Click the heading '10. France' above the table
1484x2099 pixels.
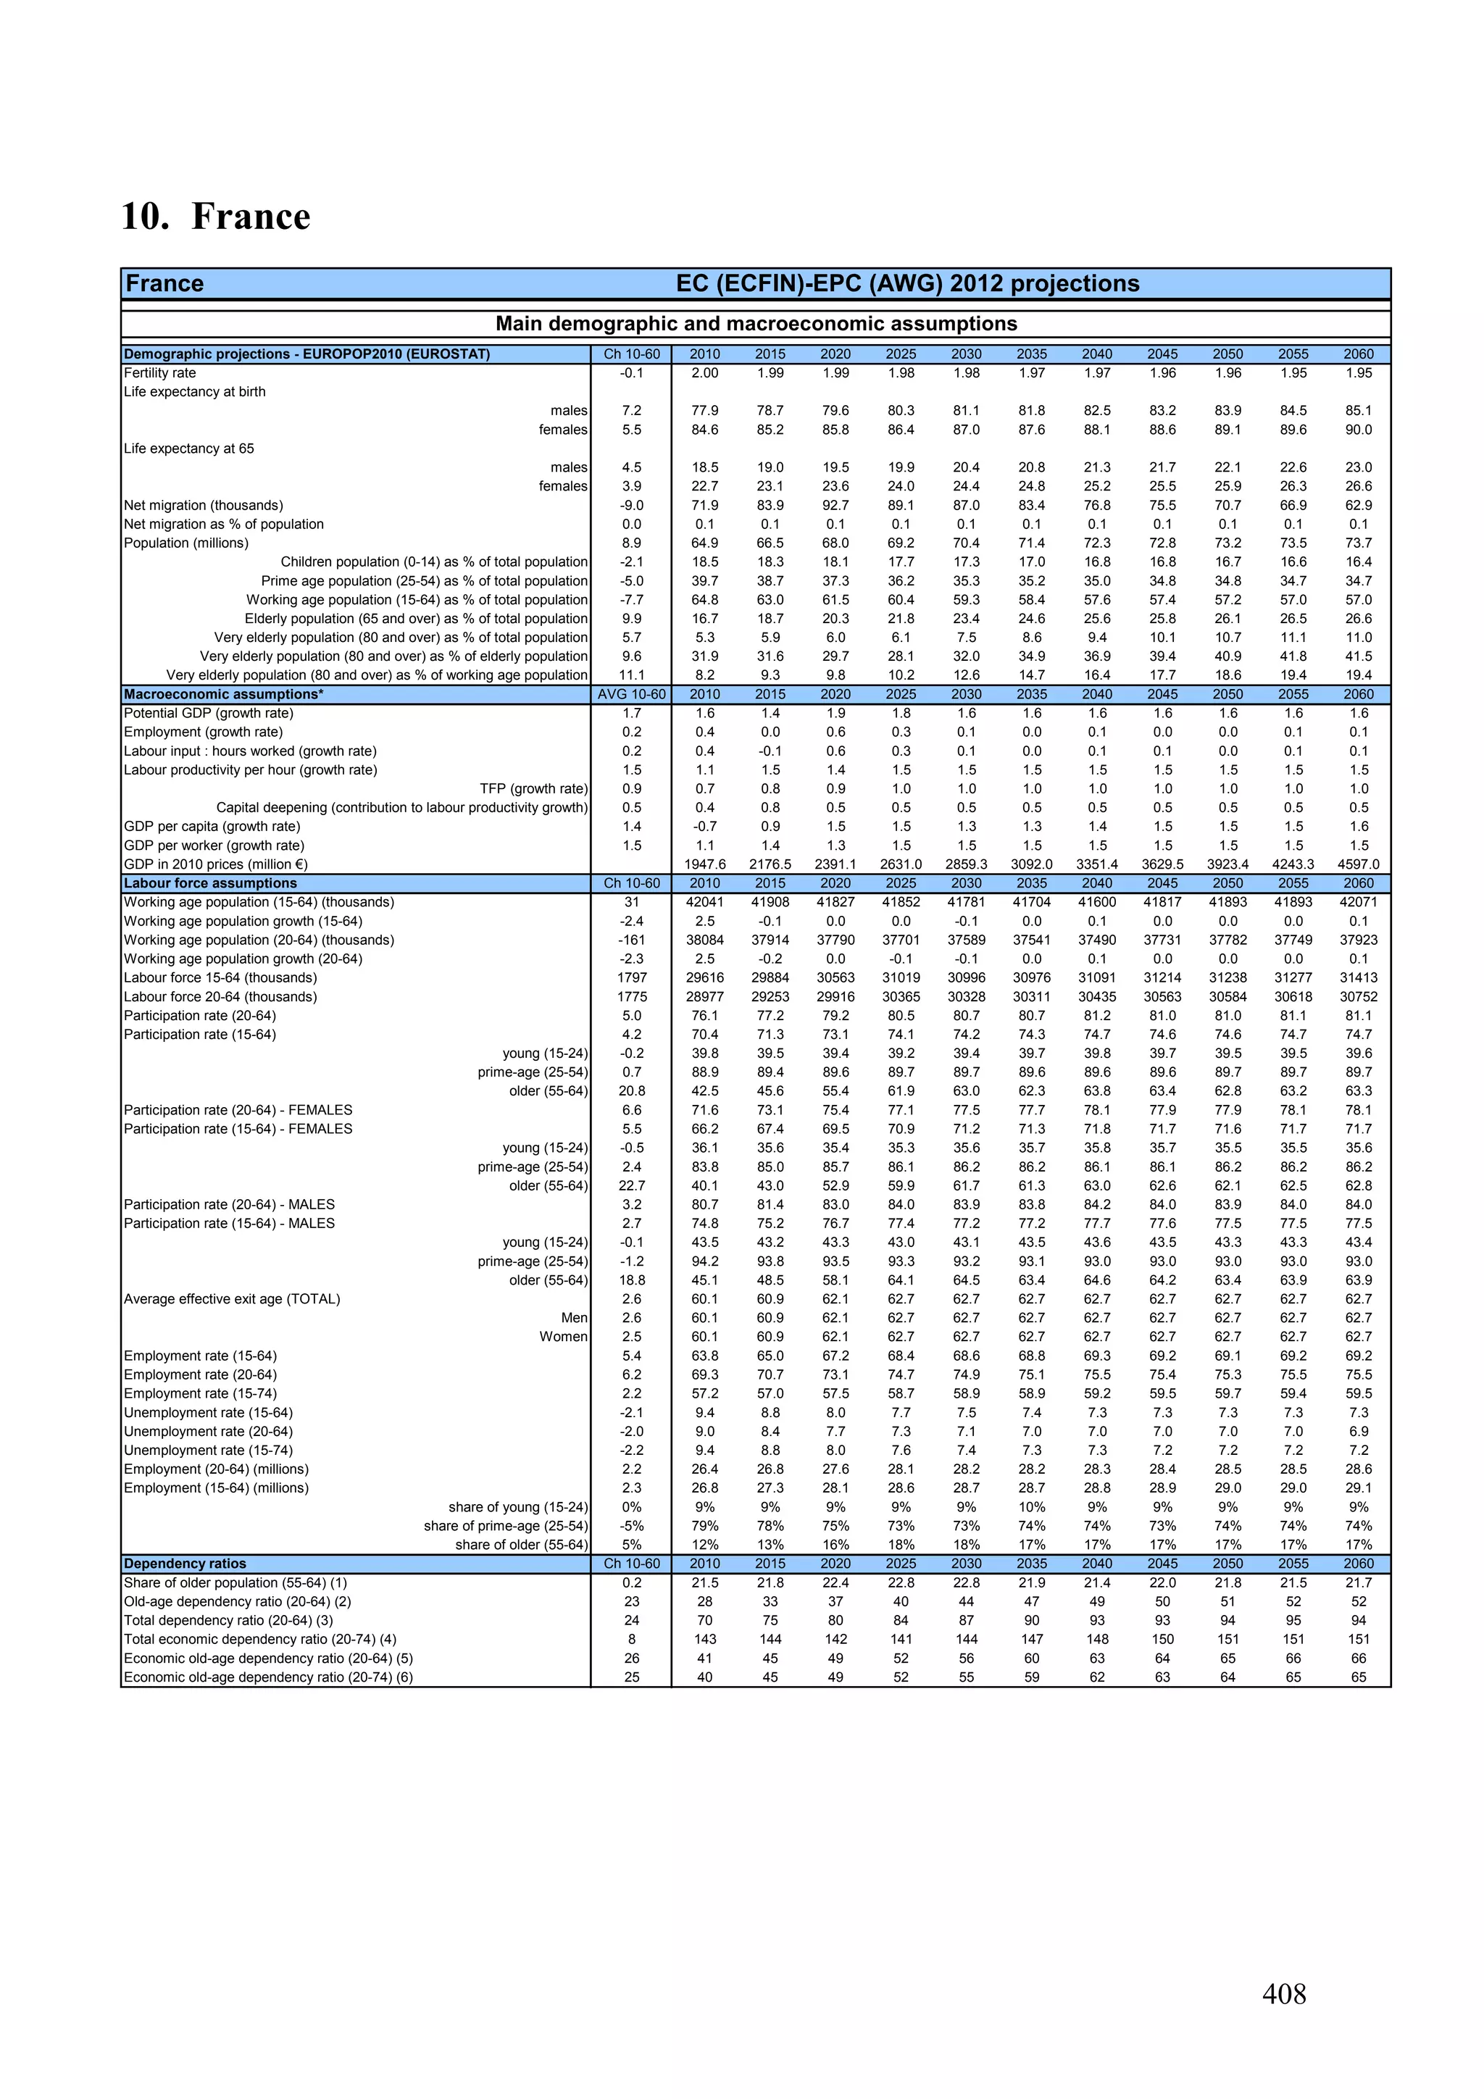pyautogui.click(x=216, y=217)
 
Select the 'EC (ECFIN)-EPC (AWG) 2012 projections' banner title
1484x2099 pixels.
pyautogui.click(x=907, y=283)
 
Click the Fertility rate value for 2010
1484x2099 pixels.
pyautogui.click(x=704, y=373)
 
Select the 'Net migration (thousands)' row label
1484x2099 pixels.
pyautogui.click(x=204, y=506)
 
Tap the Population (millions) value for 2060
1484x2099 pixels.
pyautogui.click(x=1358, y=543)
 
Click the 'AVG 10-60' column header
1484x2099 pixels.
pyautogui.click(x=631, y=694)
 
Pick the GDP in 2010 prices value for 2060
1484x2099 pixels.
pyautogui.click(x=1358, y=864)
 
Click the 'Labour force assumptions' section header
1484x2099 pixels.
pyautogui.click(x=210, y=883)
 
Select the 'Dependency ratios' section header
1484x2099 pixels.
pyautogui.click(x=185, y=1564)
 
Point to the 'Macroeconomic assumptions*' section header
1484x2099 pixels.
pyautogui.click(x=224, y=694)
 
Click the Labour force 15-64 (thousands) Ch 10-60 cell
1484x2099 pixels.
pyautogui.click(x=631, y=977)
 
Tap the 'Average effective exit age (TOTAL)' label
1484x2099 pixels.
pyautogui.click(x=233, y=1299)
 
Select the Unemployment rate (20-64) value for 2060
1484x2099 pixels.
pyautogui.click(x=1358, y=1432)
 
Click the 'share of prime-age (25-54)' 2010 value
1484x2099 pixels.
pyautogui.click(x=704, y=1526)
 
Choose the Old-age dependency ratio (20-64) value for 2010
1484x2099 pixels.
pyautogui.click(x=704, y=1602)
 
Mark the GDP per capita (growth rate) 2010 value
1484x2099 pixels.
pyautogui.click(x=704, y=827)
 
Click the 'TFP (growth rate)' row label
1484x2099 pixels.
pyautogui.click(x=533, y=789)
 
